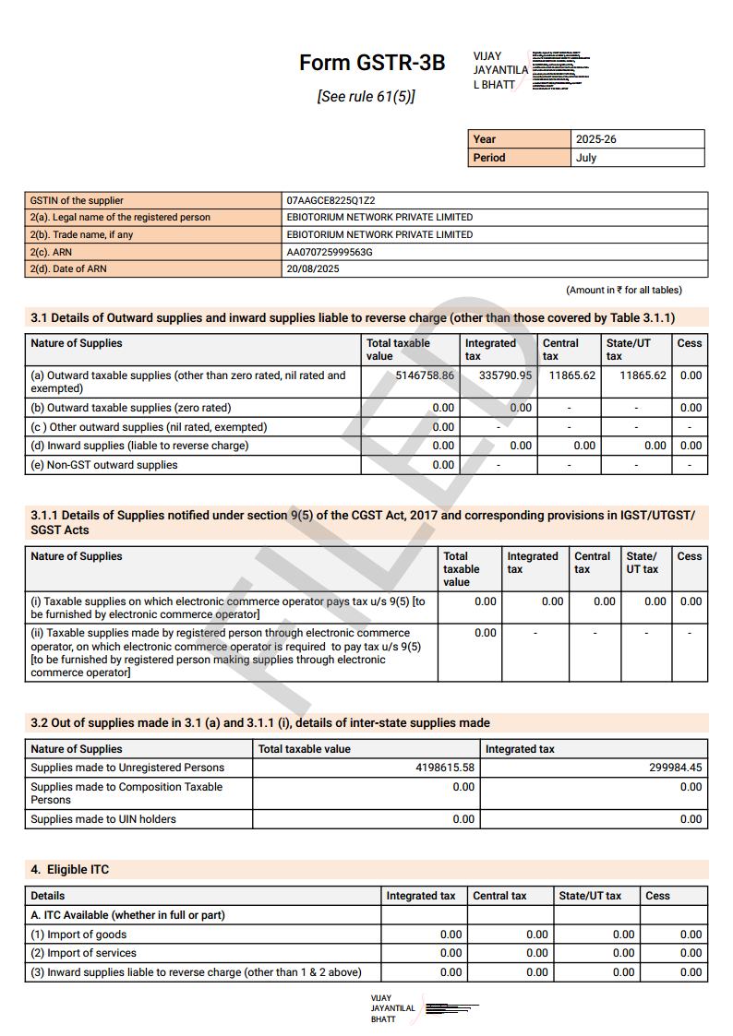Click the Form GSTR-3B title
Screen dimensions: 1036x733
coord(371,63)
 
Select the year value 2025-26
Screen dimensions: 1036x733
coord(595,139)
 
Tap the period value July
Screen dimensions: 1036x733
coord(586,158)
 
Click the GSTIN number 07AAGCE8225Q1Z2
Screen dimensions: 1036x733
coord(330,200)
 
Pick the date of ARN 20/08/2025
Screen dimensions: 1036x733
coord(313,269)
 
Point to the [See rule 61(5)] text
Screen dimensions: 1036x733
coord(366,96)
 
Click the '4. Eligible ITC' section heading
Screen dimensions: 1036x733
coord(70,870)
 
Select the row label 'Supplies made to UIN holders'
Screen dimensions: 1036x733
coord(103,819)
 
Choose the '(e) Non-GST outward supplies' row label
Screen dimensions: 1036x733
coord(104,465)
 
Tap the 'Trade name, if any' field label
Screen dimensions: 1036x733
coord(81,234)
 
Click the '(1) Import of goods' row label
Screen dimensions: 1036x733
coord(78,935)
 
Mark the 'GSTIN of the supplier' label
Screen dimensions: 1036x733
coord(77,200)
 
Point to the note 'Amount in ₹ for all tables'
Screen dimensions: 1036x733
coord(624,290)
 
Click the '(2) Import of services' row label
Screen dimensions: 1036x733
coord(83,953)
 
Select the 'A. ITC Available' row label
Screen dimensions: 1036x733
coord(127,915)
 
